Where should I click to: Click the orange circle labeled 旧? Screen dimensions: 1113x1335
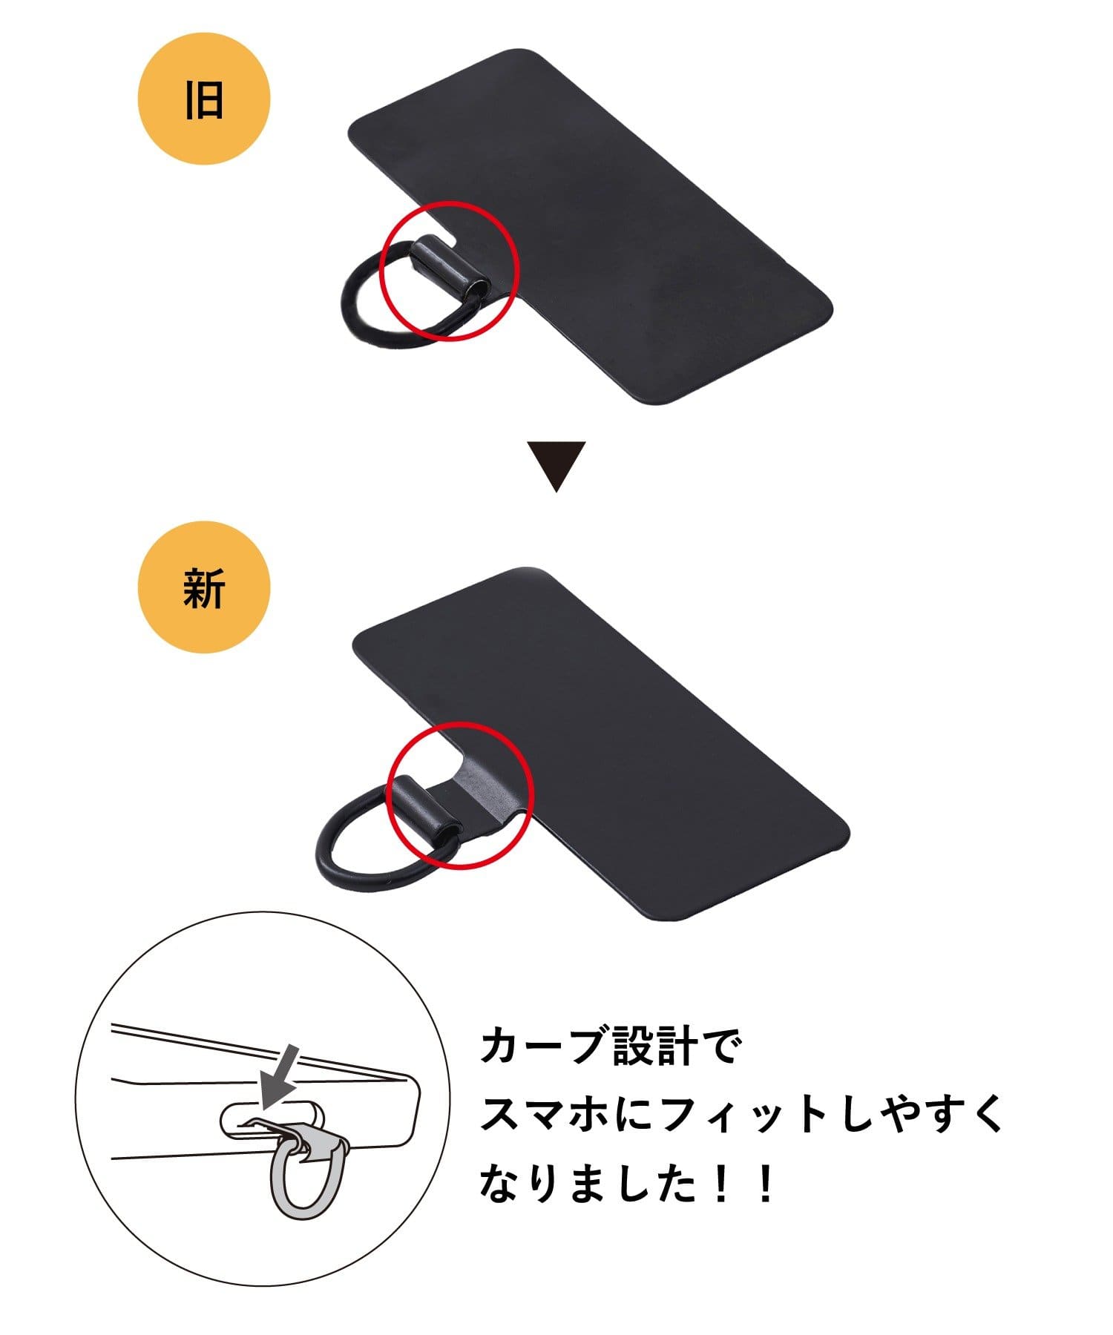(x=204, y=99)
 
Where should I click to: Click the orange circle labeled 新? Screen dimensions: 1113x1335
(x=204, y=588)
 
